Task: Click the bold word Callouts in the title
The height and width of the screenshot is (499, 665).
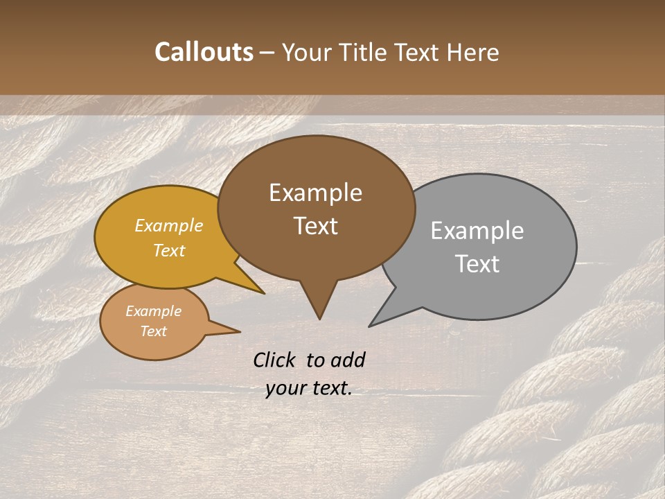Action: [204, 52]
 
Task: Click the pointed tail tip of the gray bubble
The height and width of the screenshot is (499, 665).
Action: [370, 326]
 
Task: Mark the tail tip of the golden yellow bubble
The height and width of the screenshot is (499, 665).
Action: [263, 293]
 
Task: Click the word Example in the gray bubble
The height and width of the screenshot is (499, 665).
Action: [477, 231]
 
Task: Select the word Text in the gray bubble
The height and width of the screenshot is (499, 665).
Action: [477, 264]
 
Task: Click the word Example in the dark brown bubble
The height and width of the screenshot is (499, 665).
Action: [315, 193]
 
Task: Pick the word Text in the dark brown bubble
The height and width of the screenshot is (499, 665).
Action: [316, 226]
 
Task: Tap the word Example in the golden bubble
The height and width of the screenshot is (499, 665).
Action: [168, 226]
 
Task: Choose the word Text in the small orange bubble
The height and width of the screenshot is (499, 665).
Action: [153, 331]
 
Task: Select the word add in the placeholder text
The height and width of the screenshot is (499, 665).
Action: [348, 360]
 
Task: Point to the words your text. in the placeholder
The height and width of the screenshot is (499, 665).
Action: [309, 389]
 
